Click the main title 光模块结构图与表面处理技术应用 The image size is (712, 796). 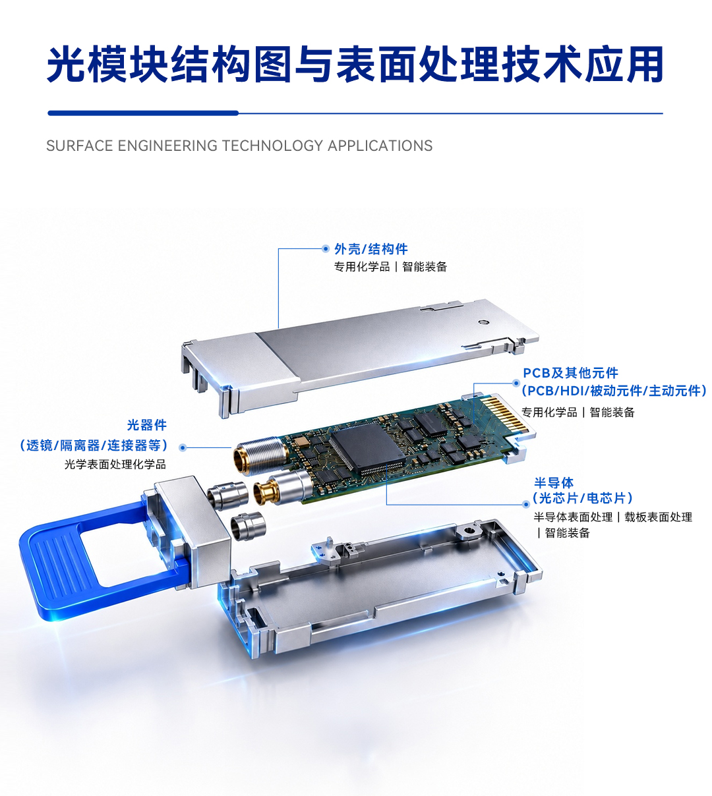pos(355,64)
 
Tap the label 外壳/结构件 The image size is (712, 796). pos(371,248)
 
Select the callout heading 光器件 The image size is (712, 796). pos(146,425)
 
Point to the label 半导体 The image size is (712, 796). pos(554,482)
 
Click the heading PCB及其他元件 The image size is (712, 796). pos(570,373)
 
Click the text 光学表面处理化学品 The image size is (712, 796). pos(115,465)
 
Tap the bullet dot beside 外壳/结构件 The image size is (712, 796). pos(325,248)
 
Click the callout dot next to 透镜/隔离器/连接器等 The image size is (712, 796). pos(183,447)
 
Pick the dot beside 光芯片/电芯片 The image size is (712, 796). pos(526,504)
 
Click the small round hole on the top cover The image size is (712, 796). pos(483,322)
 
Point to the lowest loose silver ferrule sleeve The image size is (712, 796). pos(248,526)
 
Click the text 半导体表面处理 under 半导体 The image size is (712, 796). pos(573,517)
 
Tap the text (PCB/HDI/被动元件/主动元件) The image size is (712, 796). pos(614,391)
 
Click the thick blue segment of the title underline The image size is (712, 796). pos(143,113)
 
